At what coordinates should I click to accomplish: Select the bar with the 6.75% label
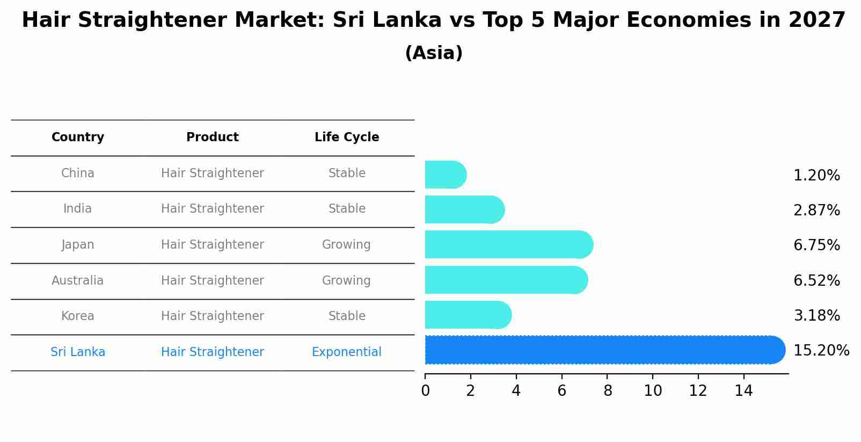coord(508,245)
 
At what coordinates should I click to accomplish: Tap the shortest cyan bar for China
coord(445,175)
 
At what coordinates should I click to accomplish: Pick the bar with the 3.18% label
coord(468,315)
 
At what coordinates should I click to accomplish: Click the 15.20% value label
coord(821,351)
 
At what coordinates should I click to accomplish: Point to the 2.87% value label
coord(816,211)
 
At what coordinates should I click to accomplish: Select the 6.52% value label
coord(816,280)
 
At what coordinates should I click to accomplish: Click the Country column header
coord(78,137)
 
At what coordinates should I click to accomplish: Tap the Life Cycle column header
coord(347,137)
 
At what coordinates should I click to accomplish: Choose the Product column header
coord(212,137)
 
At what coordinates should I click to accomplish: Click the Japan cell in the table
coord(78,245)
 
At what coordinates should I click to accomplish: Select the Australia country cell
coord(78,280)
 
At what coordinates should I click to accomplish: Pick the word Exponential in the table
coord(346,352)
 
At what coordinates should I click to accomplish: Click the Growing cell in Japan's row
coord(346,245)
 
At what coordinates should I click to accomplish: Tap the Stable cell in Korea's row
coord(347,316)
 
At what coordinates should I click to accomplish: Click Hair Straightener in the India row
coord(212,209)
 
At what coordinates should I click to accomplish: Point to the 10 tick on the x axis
coord(653,391)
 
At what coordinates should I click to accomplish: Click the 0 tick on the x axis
coord(425,391)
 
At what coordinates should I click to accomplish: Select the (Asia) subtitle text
coord(434,53)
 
